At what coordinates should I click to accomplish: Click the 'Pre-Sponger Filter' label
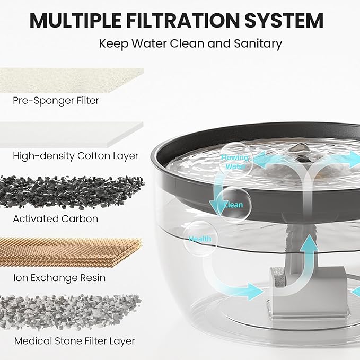click(x=56, y=100)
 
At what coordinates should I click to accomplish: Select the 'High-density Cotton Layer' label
click(x=75, y=156)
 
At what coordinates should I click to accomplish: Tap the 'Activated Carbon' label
click(x=55, y=218)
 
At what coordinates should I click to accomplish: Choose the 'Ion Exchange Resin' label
click(x=59, y=278)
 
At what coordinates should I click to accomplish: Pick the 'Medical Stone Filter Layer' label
click(x=74, y=341)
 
